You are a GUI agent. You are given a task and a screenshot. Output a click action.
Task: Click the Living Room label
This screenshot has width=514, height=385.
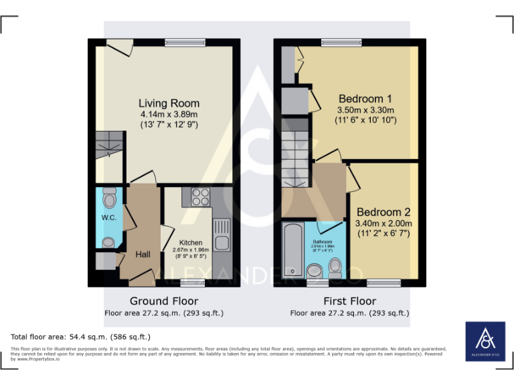[169, 103]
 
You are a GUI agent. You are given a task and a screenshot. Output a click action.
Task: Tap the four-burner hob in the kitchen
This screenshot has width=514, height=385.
[201, 197]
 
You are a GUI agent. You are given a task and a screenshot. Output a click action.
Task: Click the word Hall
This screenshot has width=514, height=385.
[143, 255]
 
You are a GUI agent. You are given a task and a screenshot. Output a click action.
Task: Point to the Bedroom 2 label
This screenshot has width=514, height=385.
[383, 212]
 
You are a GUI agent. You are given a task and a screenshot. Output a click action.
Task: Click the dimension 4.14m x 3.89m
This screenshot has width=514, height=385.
[169, 114]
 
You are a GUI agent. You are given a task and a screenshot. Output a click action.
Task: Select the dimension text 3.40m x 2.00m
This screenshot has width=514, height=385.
[383, 223]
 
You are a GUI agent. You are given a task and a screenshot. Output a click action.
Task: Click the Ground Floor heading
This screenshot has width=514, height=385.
[163, 301]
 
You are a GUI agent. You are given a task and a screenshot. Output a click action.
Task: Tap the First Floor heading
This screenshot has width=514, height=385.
[349, 301]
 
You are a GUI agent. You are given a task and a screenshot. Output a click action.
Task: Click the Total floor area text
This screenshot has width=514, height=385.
[80, 337]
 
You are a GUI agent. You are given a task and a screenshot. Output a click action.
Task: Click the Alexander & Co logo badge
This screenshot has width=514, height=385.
[485, 342]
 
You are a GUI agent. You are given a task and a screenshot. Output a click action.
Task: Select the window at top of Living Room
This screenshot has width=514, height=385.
[185, 43]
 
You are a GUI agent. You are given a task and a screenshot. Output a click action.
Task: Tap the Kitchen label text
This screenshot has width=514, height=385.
[191, 243]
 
